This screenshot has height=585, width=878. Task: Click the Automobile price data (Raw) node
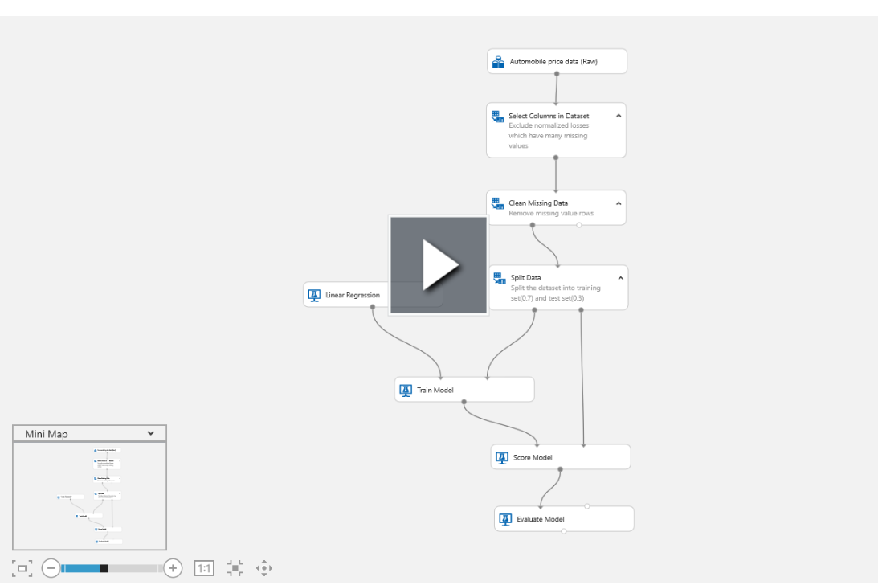[x=557, y=61]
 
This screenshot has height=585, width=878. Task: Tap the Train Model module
[x=464, y=390]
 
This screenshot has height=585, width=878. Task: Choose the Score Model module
[x=560, y=457]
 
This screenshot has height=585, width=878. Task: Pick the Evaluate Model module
[x=563, y=519]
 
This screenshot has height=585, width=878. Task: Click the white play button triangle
[x=439, y=264]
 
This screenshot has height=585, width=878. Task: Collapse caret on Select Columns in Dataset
[x=619, y=116]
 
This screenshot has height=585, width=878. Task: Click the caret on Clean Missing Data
[x=619, y=203]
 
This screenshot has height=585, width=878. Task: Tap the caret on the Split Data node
[x=620, y=278]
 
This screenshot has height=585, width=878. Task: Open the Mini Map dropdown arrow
[x=151, y=433]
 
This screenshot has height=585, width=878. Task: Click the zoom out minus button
[x=51, y=568]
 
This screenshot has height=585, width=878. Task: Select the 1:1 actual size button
[x=204, y=568]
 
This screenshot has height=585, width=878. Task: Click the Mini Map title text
[x=47, y=434]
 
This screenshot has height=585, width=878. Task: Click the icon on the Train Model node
[x=406, y=391]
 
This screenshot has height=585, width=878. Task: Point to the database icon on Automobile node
[x=498, y=61]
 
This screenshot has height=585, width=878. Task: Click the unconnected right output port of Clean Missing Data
[x=579, y=225]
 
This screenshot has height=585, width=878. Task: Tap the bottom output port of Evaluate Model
[x=564, y=531]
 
